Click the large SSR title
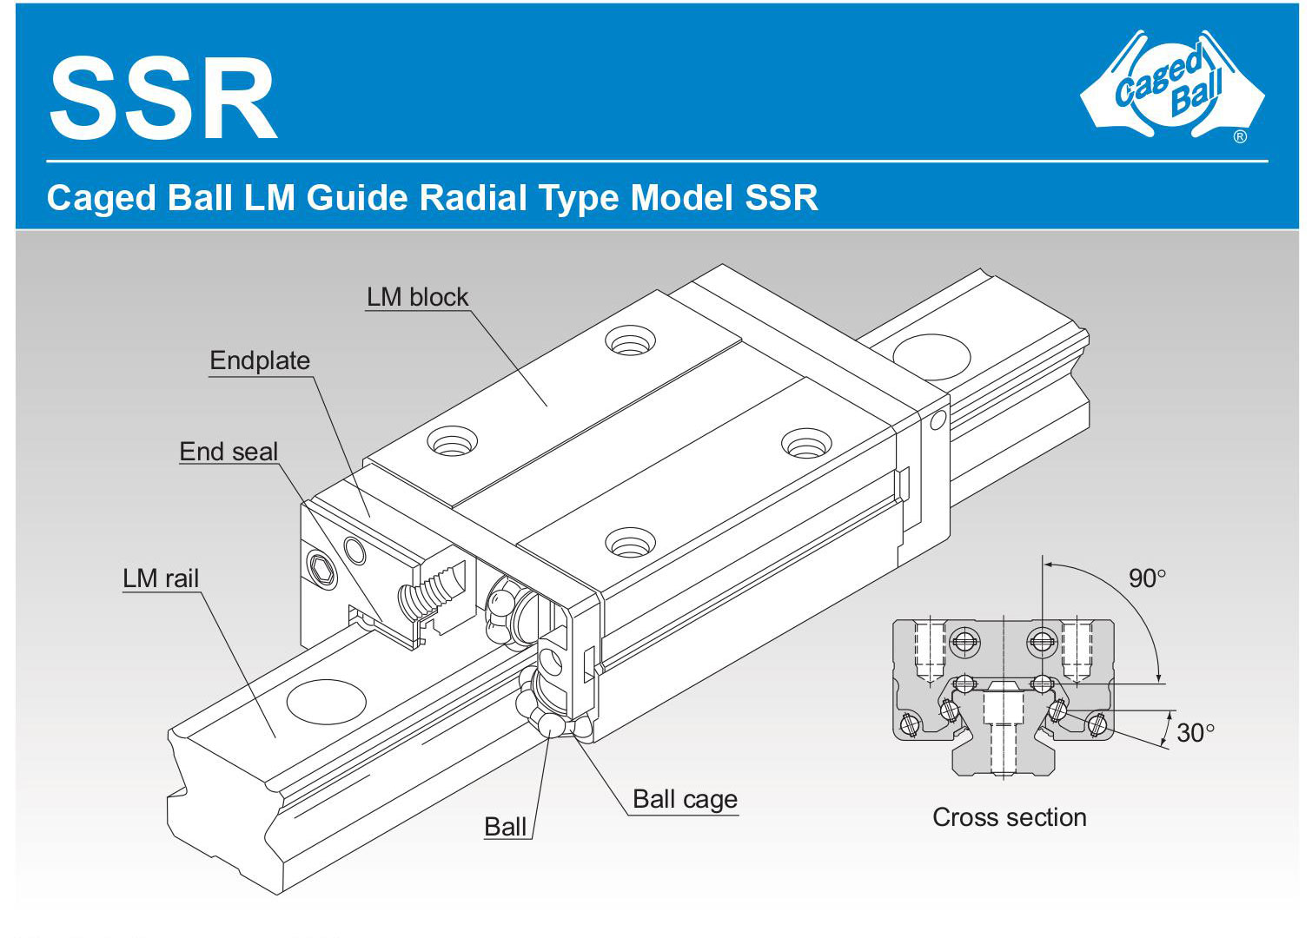tap(162, 98)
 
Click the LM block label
tap(417, 297)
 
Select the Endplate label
tap(260, 360)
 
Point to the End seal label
tap(229, 452)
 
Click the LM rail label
tap(161, 578)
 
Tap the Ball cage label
tap(685, 799)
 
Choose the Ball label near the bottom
tap(506, 827)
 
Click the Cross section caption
tap(1009, 817)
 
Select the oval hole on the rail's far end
tap(931, 357)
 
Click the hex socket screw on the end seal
tap(322, 571)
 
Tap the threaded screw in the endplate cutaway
tap(429, 591)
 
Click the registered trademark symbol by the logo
tap(1240, 136)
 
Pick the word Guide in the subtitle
tap(357, 198)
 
